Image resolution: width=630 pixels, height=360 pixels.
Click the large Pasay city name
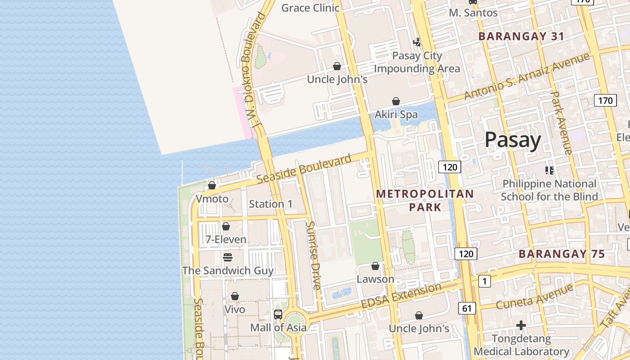[x=513, y=140]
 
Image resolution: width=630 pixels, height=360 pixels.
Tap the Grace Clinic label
[x=310, y=8]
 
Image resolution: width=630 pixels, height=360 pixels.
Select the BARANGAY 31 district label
[x=521, y=36]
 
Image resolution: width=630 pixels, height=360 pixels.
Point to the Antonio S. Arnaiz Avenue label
[x=526, y=76]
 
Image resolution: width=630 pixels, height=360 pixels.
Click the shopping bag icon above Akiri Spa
[x=396, y=101]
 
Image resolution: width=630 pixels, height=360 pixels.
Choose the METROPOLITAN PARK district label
[x=425, y=200]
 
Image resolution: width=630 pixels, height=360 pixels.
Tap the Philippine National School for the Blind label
[x=549, y=190]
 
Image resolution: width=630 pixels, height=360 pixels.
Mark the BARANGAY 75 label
[x=562, y=254]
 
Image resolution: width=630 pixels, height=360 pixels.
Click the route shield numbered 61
[x=467, y=308]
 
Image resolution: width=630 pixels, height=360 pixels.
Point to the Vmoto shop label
[x=212, y=198]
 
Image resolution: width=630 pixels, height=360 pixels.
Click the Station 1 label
[x=270, y=204]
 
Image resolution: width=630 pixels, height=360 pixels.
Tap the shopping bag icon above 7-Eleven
[x=226, y=226]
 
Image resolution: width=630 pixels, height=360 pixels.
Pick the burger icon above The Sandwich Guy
[x=228, y=257]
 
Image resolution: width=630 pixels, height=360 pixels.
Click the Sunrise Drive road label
[x=313, y=255]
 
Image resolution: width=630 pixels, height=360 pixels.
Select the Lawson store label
[x=375, y=279]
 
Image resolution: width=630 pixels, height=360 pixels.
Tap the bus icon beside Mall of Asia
[x=278, y=314]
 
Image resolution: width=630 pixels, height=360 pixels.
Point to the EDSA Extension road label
[x=401, y=296]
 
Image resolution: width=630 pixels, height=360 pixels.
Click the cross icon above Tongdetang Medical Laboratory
[x=521, y=325]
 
